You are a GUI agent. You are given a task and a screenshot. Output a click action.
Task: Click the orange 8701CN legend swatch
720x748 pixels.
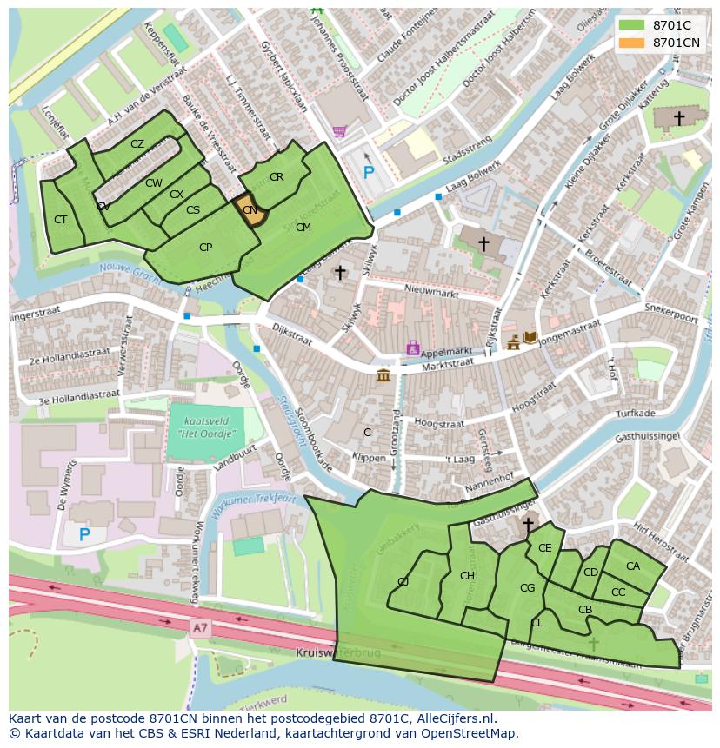[633, 43]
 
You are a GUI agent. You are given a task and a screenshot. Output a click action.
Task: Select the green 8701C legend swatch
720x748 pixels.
[633, 25]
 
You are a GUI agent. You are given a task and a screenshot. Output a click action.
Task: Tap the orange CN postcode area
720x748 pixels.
[249, 210]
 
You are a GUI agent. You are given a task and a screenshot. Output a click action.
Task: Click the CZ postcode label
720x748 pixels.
[137, 144]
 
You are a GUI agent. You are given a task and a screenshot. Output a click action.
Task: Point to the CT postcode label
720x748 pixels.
[60, 220]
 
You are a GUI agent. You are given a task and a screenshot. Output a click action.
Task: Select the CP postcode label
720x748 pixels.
[205, 248]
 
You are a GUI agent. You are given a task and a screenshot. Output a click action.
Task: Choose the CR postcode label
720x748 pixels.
[277, 177]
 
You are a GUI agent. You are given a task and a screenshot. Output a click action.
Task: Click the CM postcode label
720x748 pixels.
[303, 228]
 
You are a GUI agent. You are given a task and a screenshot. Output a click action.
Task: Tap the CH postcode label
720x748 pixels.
[467, 576]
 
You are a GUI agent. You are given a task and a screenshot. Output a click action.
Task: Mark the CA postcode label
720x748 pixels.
[632, 566]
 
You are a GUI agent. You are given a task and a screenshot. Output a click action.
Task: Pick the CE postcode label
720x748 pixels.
[545, 548]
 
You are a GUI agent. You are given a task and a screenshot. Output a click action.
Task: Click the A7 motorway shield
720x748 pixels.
[201, 626]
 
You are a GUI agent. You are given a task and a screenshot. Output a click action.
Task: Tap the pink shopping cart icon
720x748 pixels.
[339, 131]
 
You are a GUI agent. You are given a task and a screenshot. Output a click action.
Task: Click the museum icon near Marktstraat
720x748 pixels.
[383, 375]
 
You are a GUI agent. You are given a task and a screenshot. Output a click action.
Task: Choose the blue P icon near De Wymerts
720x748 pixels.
[84, 534]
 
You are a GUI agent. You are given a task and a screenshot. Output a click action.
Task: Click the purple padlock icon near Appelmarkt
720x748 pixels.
[412, 348]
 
